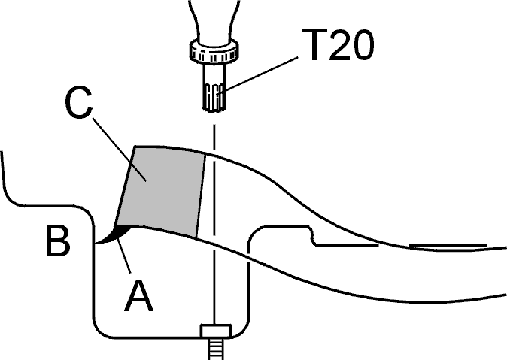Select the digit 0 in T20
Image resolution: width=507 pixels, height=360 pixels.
[x=363, y=44]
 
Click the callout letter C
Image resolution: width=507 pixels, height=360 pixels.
[x=78, y=104]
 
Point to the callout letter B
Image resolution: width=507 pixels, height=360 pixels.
[x=58, y=241]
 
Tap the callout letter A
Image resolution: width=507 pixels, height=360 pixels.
[x=139, y=295]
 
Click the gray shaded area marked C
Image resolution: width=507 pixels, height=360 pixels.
[x=161, y=191]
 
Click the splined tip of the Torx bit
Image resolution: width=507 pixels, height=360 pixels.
[x=214, y=98]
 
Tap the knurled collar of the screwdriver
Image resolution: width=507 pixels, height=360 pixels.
[x=214, y=51]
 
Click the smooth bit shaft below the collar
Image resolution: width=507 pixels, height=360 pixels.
[x=214, y=73]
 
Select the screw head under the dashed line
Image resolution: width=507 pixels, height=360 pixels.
[x=216, y=331]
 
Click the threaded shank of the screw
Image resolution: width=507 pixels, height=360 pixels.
[x=215, y=349]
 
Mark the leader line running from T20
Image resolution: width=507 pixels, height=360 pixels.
[x=261, y=74]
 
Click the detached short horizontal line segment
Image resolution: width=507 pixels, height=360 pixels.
[x=448, y=245]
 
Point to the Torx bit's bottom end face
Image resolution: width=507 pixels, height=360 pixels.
[x=214, y=110]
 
